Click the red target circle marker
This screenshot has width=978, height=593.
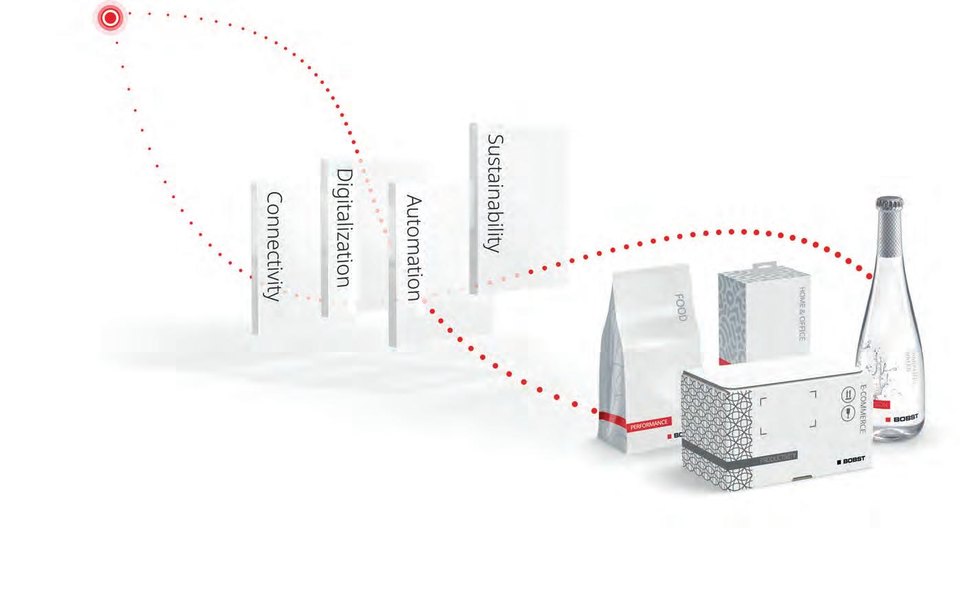(110, 19)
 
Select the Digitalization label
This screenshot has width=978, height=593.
(343, 228)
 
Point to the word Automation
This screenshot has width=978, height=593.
(413, 248)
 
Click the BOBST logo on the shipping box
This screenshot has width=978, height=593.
(850, 460)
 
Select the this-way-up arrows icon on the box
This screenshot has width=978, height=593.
(847, 394)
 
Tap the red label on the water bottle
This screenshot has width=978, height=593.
(881, 405)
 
